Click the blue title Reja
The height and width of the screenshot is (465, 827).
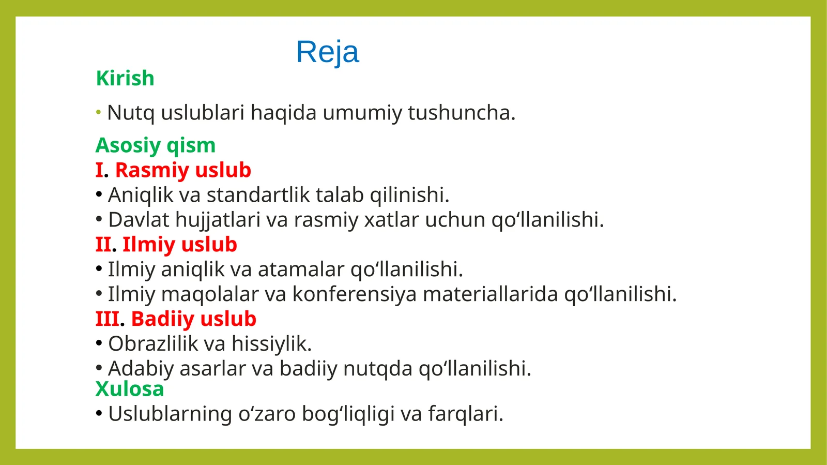(327, 52)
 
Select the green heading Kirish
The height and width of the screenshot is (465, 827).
(125, 79)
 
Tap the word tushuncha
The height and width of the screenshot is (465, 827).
(461, 113)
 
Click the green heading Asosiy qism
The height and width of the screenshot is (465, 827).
(156, 146)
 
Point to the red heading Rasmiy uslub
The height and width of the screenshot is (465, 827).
(183, 170)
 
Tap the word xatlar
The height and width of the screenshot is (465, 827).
(391, 220)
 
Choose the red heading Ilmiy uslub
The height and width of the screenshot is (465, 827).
(179, 245)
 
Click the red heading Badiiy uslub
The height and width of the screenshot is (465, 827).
(193, 319)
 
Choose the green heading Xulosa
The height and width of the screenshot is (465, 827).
(130, 389)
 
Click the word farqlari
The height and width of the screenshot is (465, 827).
(465, 414)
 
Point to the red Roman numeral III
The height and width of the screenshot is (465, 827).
(107, 319)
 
